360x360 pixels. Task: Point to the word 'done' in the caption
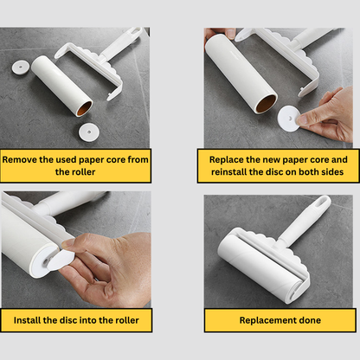pyautogui.click(x=310, y=320)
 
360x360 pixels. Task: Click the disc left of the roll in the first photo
pyautogui.click(x=21, y=67)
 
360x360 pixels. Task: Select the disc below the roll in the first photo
pyautogui.click(x=89, y=132)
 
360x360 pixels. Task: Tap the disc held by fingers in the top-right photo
pyautogui.click(x=289, y=119)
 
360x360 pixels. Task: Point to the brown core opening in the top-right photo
pyautogui.click(x=266, y=104)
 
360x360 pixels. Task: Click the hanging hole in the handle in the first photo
pyautogui.click(x=135, y=30)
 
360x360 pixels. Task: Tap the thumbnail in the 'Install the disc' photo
pyautogui.click(x=67, y=244)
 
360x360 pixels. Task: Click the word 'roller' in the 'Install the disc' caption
pyautogui.click(x=127, y=320)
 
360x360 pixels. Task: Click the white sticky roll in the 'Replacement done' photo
pyautogui.click(x=261, y=267)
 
